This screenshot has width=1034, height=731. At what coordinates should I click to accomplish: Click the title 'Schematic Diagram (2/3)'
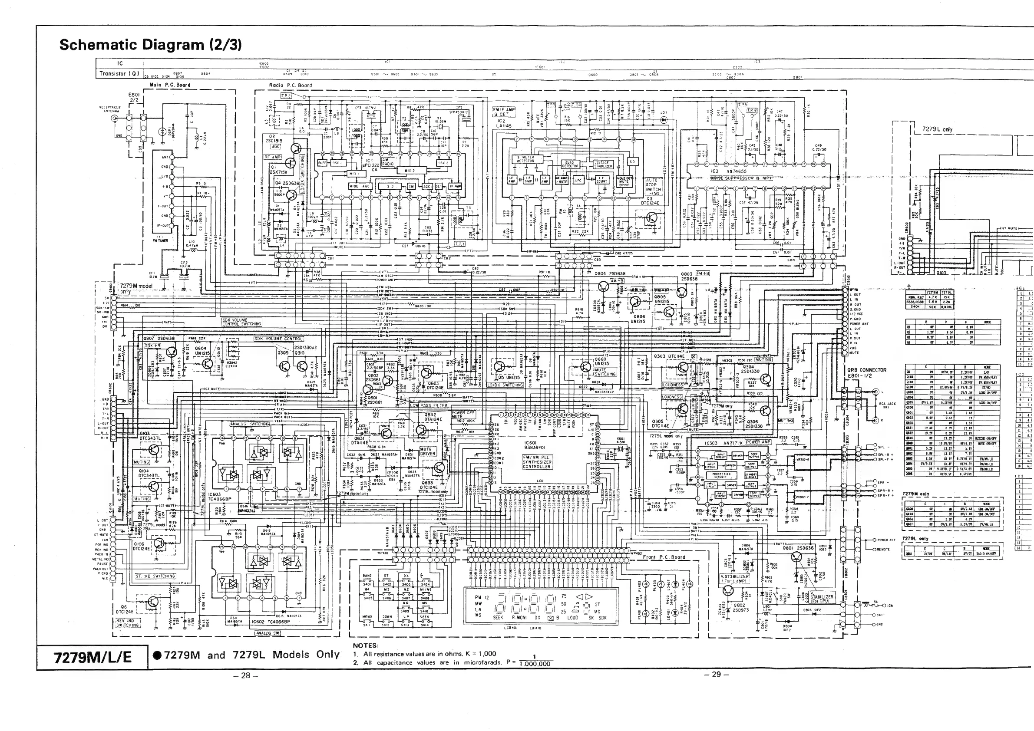[150, 45]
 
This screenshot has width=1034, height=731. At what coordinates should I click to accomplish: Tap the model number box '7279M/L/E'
[92, 657]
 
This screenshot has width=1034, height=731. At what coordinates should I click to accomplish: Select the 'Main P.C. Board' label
[170, 85]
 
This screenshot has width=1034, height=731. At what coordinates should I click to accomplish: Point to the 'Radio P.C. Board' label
[290, 85]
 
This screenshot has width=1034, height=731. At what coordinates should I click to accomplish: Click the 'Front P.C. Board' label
[664, 557]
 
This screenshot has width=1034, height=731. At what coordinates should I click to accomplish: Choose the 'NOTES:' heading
[365, 645]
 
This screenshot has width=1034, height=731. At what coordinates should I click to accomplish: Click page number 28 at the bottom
[245, 675]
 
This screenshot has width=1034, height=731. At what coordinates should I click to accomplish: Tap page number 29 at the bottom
[716, 674]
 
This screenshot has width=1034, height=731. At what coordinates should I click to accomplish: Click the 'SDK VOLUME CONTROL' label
[278, 339]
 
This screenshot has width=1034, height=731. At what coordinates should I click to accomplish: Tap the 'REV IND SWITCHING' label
[128, 622]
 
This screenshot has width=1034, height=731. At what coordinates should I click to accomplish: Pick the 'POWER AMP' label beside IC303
[758, 441]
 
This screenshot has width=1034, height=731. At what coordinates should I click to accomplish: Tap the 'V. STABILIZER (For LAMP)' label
[734, 578]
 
